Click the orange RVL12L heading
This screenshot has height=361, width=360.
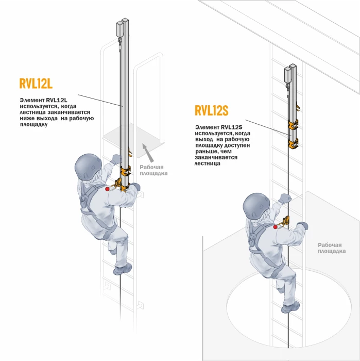point(36,84)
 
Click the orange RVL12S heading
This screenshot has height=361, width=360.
point(211,111)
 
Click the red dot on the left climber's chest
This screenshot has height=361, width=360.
point(107,189)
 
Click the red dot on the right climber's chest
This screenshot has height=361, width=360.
point(275,226)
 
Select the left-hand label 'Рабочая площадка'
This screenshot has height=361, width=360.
point(153,170)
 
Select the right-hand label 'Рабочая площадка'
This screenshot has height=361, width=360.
point(331,248)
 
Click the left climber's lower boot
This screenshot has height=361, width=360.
point(123,268)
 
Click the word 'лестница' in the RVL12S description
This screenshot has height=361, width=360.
point(207,163)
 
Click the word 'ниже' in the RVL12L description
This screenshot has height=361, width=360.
point(28,118)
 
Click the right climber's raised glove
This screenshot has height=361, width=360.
point(285,198)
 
